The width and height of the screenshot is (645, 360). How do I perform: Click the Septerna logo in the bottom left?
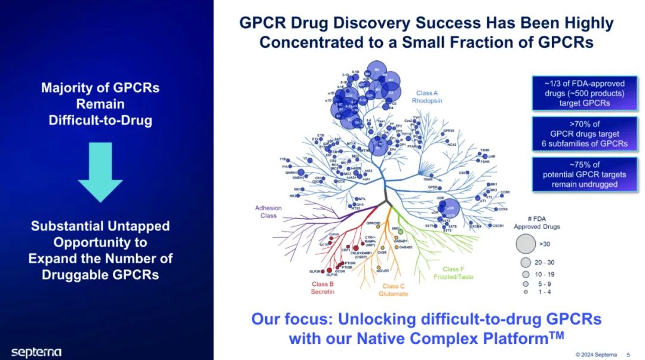tap(36, 352)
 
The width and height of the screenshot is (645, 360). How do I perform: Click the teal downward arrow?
tap(100, 173)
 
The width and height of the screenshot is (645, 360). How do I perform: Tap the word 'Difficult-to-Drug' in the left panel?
tap(100, 120)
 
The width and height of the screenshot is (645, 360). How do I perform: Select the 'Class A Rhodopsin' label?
tap(427, 97)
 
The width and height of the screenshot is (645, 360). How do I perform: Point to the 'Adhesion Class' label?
tap(268, 212)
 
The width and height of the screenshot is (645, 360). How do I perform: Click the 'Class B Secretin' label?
tap(322, 288)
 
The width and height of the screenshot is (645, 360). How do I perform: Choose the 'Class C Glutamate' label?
tap(394, 290)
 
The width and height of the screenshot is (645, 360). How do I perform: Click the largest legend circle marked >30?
tap(526, 244)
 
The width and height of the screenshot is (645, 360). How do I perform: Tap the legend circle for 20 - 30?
tap(526, 263)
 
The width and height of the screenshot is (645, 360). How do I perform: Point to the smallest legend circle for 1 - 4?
tap(526, 292)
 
